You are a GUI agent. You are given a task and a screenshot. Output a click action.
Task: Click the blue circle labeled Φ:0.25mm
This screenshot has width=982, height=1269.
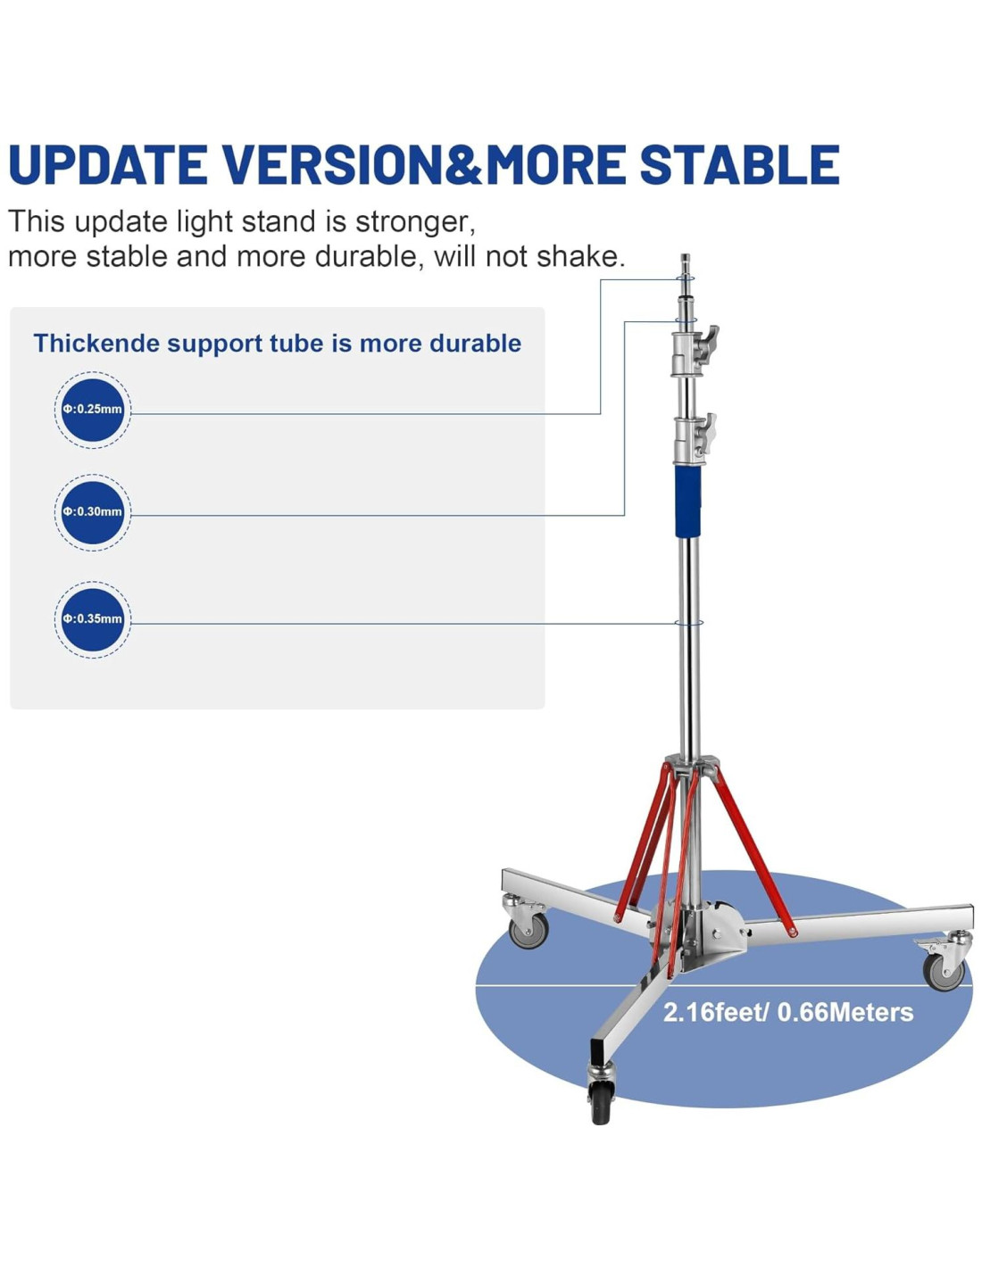click(x=92, y=410)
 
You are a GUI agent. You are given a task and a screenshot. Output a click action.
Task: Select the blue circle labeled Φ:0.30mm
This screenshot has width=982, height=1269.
click(x=92, y=512)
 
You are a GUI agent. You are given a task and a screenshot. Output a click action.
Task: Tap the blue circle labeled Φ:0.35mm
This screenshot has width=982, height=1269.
click(x=92, y=619)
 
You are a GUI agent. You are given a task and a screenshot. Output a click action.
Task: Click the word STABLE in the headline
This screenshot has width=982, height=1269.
click(x=739, y=164)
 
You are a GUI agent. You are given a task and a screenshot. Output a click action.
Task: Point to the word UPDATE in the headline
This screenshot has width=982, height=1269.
click(x=108, y=164)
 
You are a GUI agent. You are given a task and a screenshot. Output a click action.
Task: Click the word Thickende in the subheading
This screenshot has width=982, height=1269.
click(x=96, y=343)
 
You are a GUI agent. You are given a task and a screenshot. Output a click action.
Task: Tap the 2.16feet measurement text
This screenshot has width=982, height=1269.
click(x=716, y=1012)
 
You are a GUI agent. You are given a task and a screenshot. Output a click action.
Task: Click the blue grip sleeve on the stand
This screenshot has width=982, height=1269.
click(x=688, y=502)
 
